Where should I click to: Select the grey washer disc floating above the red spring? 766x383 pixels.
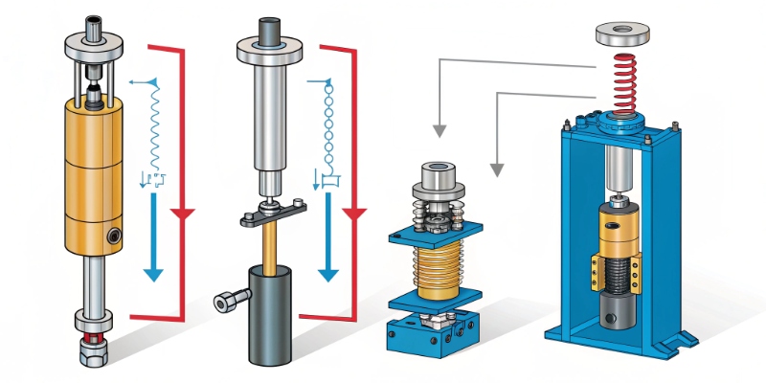pyautogui.click(x=622, y=34)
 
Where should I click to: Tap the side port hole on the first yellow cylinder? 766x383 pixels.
pyautogui.click(x=115, y=234)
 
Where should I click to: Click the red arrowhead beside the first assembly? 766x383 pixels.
pyautogui.click(x=183, y=211)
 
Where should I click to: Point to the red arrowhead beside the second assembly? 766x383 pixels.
pyautogui.click(x=356, y=211)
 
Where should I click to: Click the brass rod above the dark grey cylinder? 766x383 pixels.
pyautogui.click(x=273, y=244)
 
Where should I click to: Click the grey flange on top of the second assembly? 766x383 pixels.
pyautogui.click(x=274, y=51)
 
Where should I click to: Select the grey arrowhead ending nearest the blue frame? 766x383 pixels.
pyautogui.click(x=496, y=170)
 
